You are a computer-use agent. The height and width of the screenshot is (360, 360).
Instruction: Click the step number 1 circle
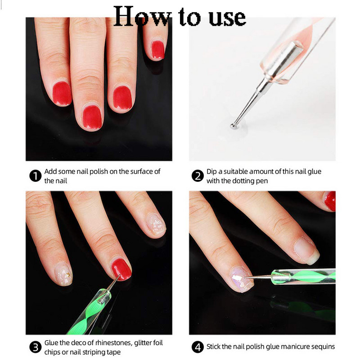click(36, 176)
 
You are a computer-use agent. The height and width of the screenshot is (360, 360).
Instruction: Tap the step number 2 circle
click(198, 176)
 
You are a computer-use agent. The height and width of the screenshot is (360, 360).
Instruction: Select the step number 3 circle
click(36, 347)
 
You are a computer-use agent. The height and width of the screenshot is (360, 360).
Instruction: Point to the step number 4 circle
click(198, 347)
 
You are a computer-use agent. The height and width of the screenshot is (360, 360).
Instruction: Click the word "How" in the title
click(143, 17)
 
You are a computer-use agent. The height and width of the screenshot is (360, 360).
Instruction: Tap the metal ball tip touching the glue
click(233, 126)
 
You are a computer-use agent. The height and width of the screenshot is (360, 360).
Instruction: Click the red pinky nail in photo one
click(158, 50)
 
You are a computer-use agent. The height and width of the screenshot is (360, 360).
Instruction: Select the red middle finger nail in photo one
click(92, 117)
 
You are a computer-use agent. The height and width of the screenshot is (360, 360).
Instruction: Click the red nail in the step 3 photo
click(121, 269)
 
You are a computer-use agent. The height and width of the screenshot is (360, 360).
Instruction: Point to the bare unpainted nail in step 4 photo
click(306, 251)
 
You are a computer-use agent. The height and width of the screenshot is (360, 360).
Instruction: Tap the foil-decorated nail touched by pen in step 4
click(242, 279)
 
